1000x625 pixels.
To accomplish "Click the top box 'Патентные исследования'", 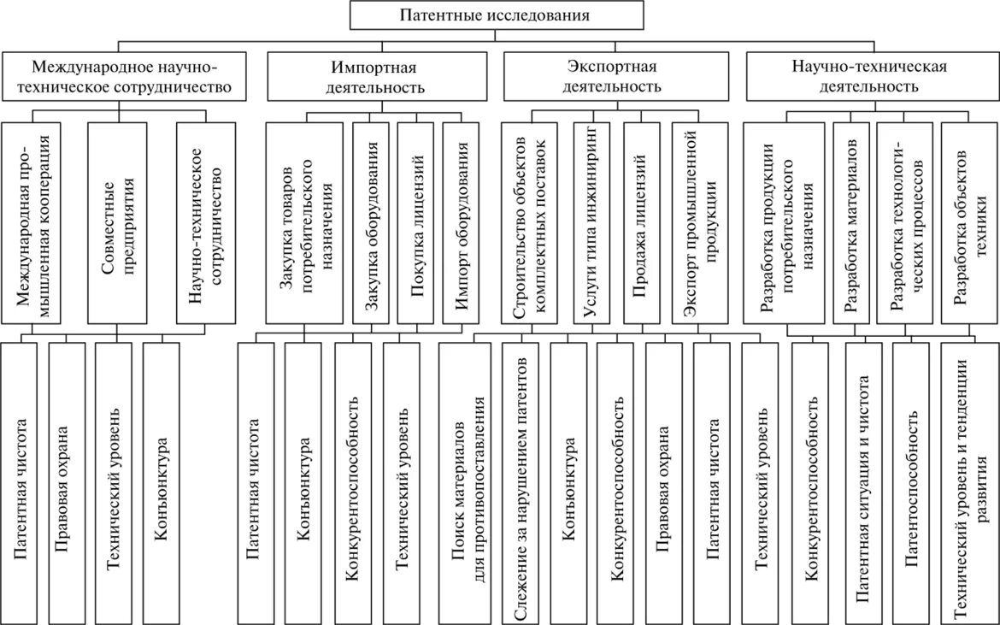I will (496, 15).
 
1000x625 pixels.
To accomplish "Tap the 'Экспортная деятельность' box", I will (613, 76).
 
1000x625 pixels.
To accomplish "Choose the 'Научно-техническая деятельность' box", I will (868, 76).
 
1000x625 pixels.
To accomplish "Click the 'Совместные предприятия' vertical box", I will (118, 222).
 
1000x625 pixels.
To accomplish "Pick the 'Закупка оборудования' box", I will (371, 222).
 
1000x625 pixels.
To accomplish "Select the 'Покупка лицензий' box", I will (416, 222).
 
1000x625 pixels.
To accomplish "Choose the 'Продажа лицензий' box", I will (641, 222).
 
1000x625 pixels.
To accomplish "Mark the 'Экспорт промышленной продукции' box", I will (700, 222).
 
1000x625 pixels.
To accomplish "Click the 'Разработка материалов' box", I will (850, 222).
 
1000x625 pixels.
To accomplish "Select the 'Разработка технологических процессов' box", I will (906, 222).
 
